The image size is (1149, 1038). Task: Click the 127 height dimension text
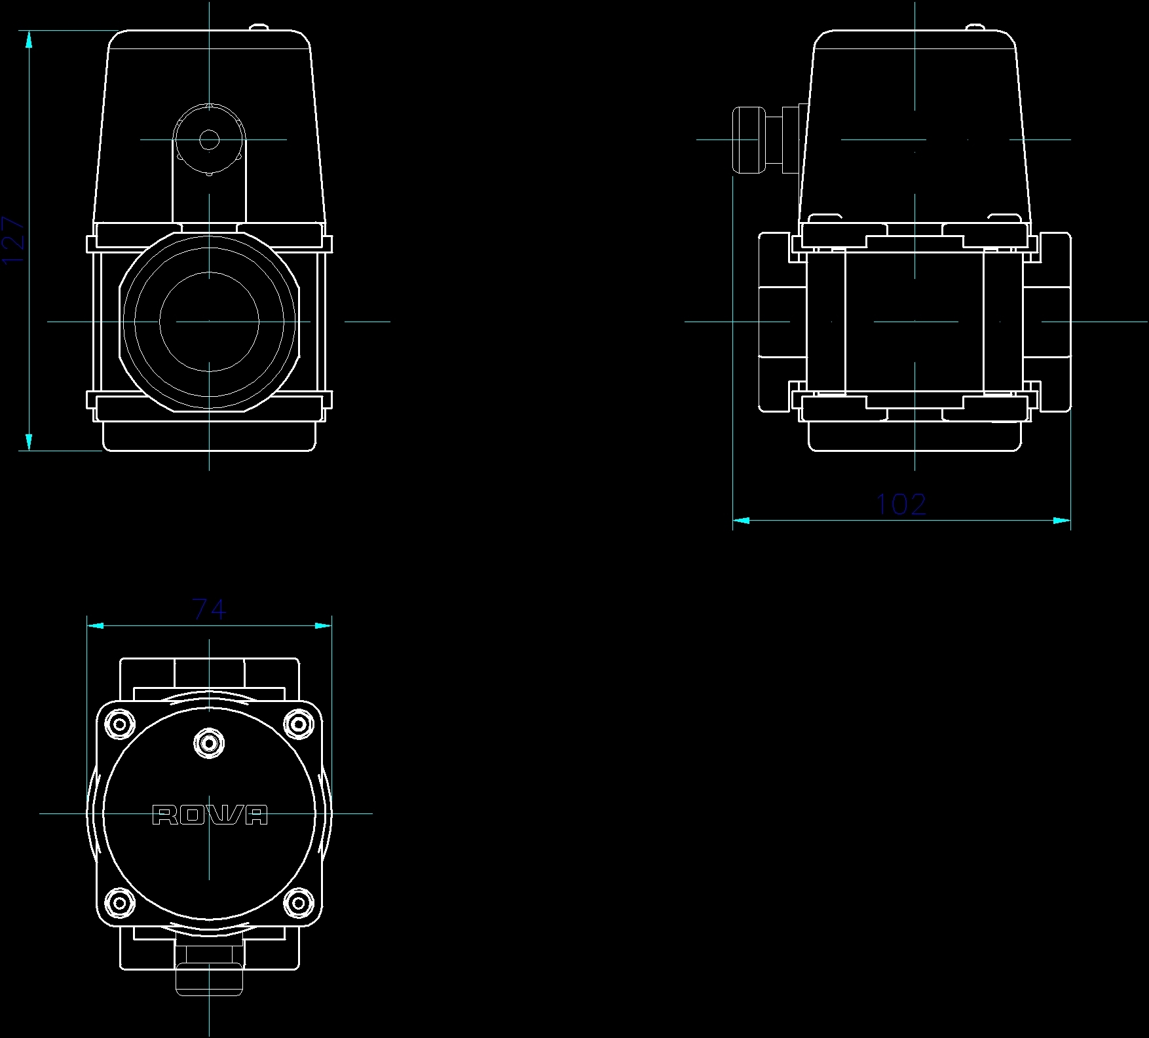(14, 240)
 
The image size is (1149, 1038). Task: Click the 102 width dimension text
(901, 504)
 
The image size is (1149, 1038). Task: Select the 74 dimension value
(210, 610)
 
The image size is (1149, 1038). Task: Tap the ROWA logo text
(210, 815)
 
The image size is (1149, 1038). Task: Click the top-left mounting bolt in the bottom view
(120, 724)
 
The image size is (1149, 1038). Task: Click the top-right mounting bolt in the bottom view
(299, 724)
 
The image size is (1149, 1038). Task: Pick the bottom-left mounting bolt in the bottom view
(120, 904)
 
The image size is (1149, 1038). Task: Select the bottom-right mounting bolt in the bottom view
(299, 904)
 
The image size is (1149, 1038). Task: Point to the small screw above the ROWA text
(209, 743)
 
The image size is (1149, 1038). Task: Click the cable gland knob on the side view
(748, 139)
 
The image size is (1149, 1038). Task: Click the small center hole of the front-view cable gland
(209, 139)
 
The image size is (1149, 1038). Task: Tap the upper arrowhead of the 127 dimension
(29, 39)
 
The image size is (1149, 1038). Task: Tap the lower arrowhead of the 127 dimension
(29, 442)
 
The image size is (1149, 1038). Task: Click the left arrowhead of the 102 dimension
(741, 521)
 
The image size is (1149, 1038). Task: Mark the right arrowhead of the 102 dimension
(1062, 521)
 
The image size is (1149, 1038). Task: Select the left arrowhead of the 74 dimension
(95, 625)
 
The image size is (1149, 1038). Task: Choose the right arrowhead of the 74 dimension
(324, 625)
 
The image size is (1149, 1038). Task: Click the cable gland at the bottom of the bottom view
(209, 978)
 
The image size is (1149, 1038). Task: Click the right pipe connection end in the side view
(1055, 322)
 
